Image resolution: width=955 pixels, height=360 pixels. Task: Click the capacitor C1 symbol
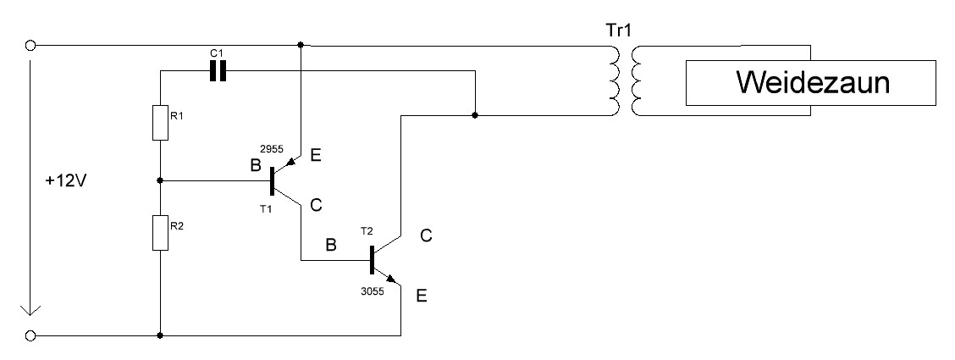(218, 73)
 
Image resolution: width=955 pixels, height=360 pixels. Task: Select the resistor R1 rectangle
(160, 123)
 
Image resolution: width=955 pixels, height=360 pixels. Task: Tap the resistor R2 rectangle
(160, 232)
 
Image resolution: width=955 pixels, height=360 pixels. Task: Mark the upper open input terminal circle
(31, 45)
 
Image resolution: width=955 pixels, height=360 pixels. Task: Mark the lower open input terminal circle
(31, 336)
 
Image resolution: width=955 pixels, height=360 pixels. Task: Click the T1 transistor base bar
(272, 180)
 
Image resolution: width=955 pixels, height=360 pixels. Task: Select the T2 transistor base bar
(372, 260)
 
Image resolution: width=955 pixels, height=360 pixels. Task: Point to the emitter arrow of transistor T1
(292, 162)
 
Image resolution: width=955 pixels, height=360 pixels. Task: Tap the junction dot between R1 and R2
(160, 180)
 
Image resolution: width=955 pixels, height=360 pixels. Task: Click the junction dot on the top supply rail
(301, 44)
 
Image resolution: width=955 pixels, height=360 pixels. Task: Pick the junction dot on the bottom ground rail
(160, 336)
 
